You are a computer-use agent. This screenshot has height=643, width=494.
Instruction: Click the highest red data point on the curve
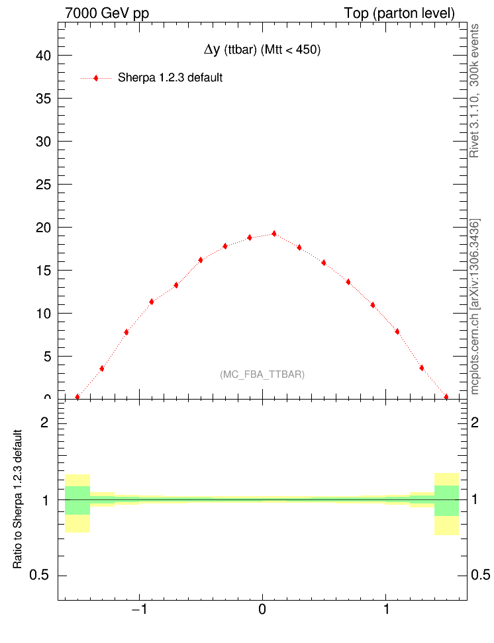(274, 234)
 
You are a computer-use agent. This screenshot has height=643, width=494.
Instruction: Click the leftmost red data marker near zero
(77, 397)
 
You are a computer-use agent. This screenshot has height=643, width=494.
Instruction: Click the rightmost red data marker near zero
(446, 397)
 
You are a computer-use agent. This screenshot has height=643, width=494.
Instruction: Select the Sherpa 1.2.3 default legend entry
(170, 77)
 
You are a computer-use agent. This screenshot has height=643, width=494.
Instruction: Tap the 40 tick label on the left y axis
(43, 56)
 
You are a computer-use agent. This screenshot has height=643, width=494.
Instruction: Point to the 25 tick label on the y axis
(43, 184)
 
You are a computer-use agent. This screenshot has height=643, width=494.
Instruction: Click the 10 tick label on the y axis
(43, 313)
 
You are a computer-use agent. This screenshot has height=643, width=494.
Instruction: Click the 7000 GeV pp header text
(107, 13)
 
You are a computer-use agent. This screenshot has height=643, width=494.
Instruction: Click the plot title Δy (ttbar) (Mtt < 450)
(262, 50)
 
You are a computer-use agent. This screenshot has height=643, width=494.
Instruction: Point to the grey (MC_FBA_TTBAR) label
(262, 374)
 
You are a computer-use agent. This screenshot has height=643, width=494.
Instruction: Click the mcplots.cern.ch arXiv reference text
(474, 306)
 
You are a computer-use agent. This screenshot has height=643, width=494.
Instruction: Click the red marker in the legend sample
(96, 78)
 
